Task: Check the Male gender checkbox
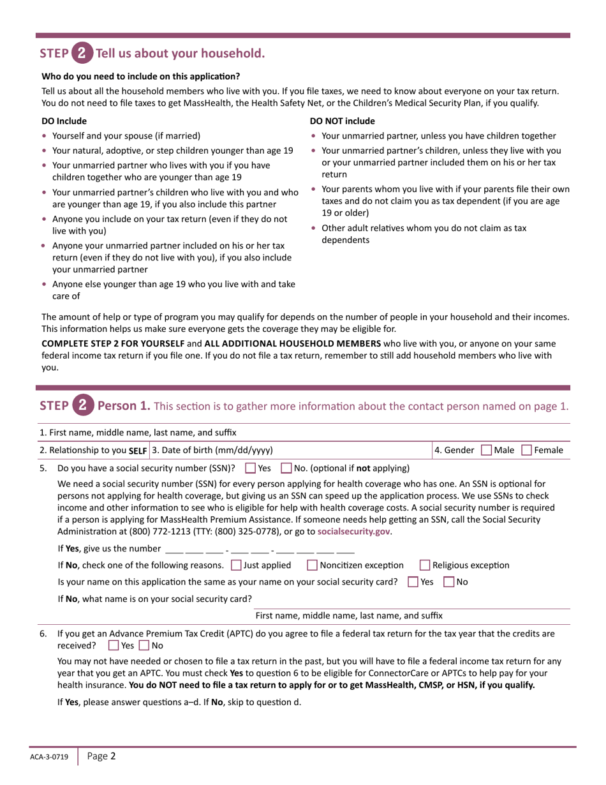coord(486,450)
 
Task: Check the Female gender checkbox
coord(527,450)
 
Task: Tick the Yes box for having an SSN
coord(251,468)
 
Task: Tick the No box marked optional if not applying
coord(286,468)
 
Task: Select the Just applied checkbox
coord(236,565)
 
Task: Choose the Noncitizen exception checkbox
coord(313,565)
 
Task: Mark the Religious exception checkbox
coord(425,565)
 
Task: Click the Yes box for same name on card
coord(413,581)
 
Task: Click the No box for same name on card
coord(448,581)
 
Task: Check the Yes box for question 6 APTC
coord(114,645)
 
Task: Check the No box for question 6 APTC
coord(144,645)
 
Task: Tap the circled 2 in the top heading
coord(82,54)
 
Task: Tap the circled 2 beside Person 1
coord(82,405)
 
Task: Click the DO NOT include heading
coord(342,121)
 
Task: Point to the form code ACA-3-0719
coord(51,757)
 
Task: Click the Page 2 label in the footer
coord(101,756)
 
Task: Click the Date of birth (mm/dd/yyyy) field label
coord(212,450)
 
